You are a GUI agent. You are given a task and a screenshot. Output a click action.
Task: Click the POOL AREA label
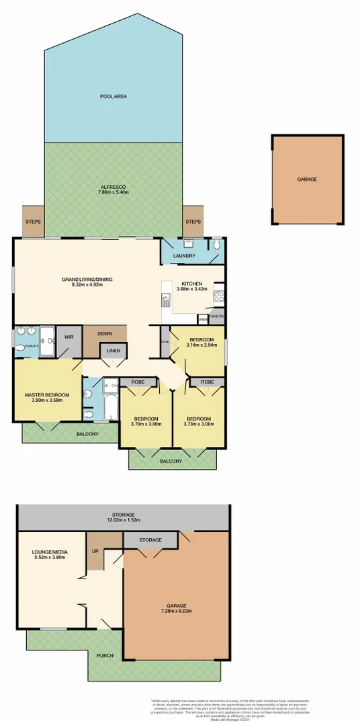pyautogui.click(x=114, y=97)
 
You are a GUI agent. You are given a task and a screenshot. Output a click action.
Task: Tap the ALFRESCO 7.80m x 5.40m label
pyautogui.click(x=114, y=189)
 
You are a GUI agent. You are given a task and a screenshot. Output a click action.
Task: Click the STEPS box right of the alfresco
pyautogui.click(x=193, y=222)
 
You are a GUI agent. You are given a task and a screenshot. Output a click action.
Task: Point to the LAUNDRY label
pyautogui.click(x=184, y=256)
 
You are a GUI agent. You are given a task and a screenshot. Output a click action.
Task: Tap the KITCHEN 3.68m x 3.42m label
pyautogui.click(x=191, y=286)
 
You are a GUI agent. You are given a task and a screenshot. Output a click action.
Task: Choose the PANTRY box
pyautogui.click(x=216, y=316)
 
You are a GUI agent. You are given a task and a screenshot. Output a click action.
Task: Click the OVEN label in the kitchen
pyautogui.click(x=202, y=318)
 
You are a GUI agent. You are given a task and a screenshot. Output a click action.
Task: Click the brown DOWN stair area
pyautogui.click(x=104, y=334)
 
